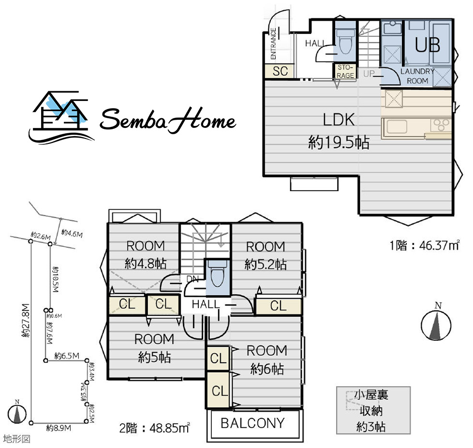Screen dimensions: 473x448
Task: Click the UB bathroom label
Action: point(428,45)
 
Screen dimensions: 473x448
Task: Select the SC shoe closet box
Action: point(280,71)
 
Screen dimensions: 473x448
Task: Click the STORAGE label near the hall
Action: point(345,71)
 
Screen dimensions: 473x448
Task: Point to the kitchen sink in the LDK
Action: point(397,126)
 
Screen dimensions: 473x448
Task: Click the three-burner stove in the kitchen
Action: point(441,125)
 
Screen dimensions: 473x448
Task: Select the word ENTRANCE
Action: point(273,43)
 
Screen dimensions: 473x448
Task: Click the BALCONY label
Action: point(253,423)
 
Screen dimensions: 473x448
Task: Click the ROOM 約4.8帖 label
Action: point(146,255)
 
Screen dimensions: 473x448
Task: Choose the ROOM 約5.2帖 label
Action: point(266,255)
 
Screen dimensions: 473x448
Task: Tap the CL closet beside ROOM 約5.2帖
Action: point(278,306)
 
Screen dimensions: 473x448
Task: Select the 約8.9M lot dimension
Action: point(59,428)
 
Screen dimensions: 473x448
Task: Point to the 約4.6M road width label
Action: point(72,233)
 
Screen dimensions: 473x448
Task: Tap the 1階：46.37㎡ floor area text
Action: point(425,245)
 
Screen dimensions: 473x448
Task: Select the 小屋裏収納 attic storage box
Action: point(373,410)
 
